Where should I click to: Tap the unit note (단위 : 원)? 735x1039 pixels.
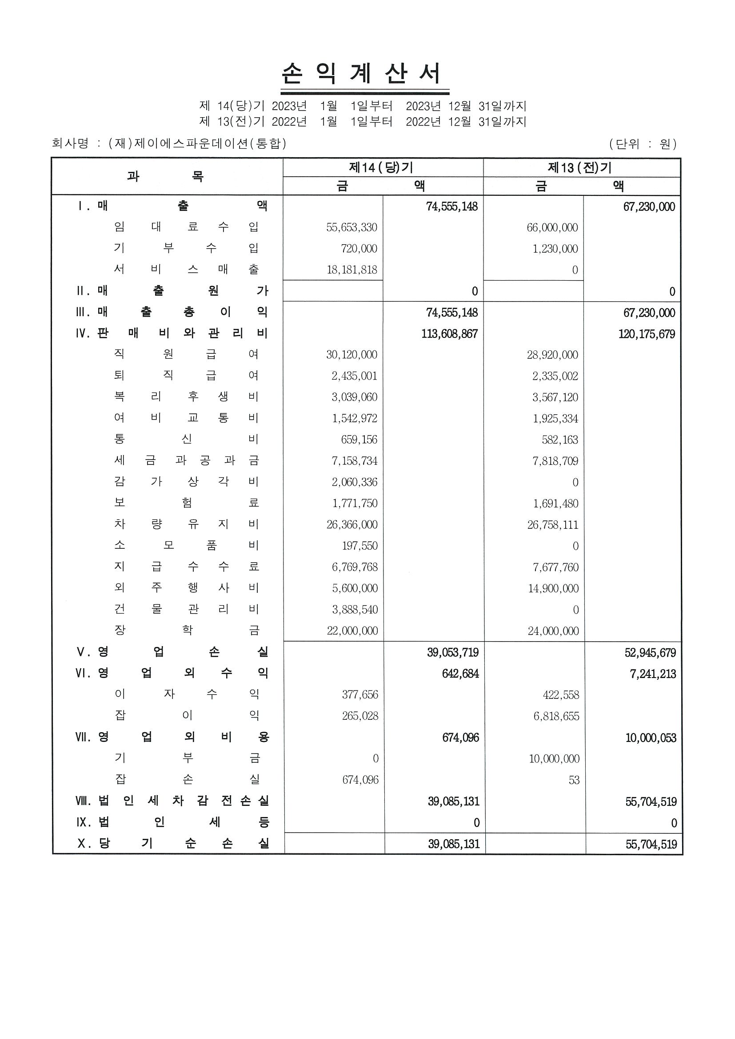pos(643,144)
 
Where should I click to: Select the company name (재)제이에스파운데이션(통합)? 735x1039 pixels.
pos(197,143)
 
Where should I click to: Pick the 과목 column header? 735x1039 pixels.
pos(166,176)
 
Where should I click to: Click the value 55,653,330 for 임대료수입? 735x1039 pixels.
pos(352,227)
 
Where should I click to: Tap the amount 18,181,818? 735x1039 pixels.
pos(352,270)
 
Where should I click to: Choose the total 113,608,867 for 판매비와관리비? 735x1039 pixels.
pos(449,334)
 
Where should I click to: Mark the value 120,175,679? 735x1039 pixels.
pos(646,334)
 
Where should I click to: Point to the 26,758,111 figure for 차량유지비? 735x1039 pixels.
pos(552,525)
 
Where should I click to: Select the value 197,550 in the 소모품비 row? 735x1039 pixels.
pos(360,546)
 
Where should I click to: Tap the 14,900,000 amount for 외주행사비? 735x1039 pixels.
pos(553,588)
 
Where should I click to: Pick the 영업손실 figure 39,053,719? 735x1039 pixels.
pos(453,653)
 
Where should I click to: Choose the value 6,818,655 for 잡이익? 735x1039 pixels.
pos(556,716)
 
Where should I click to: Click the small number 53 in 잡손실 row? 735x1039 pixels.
pos(574,780)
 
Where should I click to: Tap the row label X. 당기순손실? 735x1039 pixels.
pos(173,844)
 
